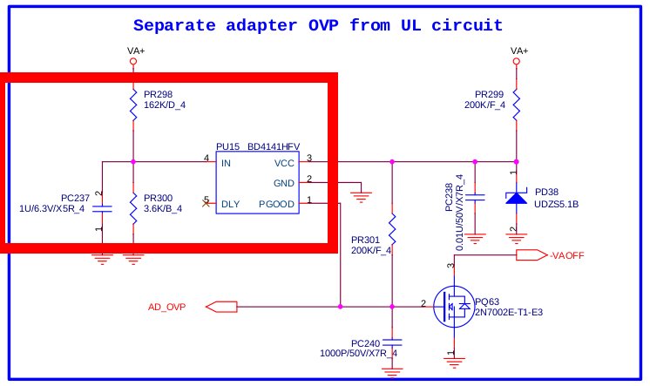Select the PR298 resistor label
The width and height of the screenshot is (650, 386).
(159, 94)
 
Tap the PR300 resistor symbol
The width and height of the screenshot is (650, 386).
(133, 208)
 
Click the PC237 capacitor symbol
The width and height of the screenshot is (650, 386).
(103, 209)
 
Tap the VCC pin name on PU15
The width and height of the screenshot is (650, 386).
(285, 162)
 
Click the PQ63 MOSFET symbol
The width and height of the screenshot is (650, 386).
(455, 308)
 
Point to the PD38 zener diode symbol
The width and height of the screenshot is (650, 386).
(516, 198)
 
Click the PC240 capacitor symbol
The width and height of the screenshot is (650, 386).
(392, 341)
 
